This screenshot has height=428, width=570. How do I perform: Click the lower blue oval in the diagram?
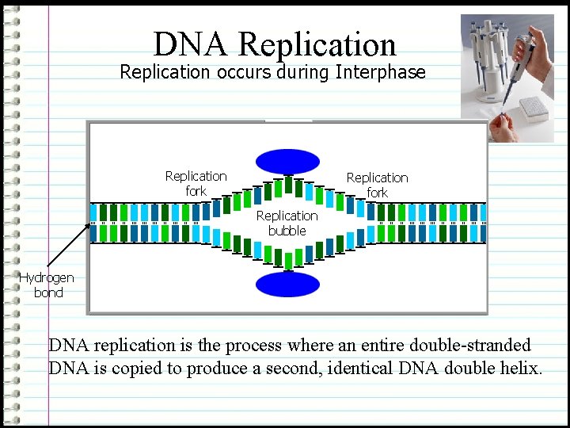[x=287, y=284]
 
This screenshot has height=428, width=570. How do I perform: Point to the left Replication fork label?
[x=196, y=183]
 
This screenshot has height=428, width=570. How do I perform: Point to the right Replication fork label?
[x=378, y=185]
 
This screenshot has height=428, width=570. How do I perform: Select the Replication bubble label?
[x=287, y=223]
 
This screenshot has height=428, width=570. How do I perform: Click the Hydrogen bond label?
[x=47, y=285]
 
